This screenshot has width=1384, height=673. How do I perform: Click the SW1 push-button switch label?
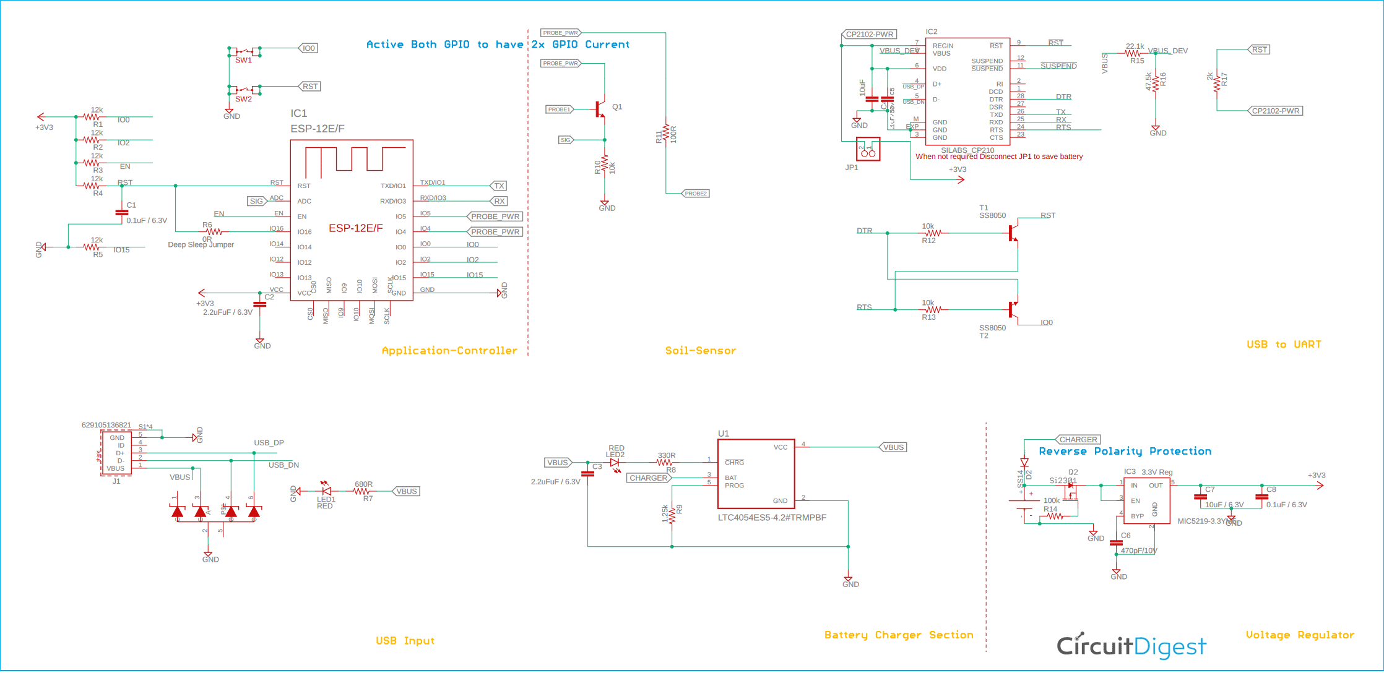click(243, 60)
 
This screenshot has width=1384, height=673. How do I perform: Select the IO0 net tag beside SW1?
click(309, 48)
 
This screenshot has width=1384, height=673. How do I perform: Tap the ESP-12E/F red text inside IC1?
click(355, 228)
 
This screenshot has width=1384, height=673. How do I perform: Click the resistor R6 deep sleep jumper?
click(214, 231)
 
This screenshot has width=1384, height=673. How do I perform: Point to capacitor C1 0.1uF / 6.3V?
click(122, 212)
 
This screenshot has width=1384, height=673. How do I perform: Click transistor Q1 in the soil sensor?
click(600, 109)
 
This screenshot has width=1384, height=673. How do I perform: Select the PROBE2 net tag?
click(695, 194)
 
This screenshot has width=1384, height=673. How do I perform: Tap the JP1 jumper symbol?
click(868, 150)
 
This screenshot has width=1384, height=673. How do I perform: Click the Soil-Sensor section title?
click(700, 351)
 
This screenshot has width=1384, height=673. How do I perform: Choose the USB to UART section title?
click(1283, 345)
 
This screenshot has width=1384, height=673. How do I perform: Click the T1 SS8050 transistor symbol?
click(1013, 233)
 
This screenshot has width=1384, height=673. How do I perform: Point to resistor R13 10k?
click(933, 309)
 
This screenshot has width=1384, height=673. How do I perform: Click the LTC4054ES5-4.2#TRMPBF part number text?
click(772, 518)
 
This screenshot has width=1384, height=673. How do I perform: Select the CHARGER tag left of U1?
click(648, 478)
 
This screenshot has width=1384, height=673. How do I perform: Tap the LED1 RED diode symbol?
click(326, 491)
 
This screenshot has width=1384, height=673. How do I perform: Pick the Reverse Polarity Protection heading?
click(1125, 452)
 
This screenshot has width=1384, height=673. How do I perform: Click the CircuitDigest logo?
click(1131, 646)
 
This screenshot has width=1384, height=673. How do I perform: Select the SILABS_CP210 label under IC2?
click(967, 150)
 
